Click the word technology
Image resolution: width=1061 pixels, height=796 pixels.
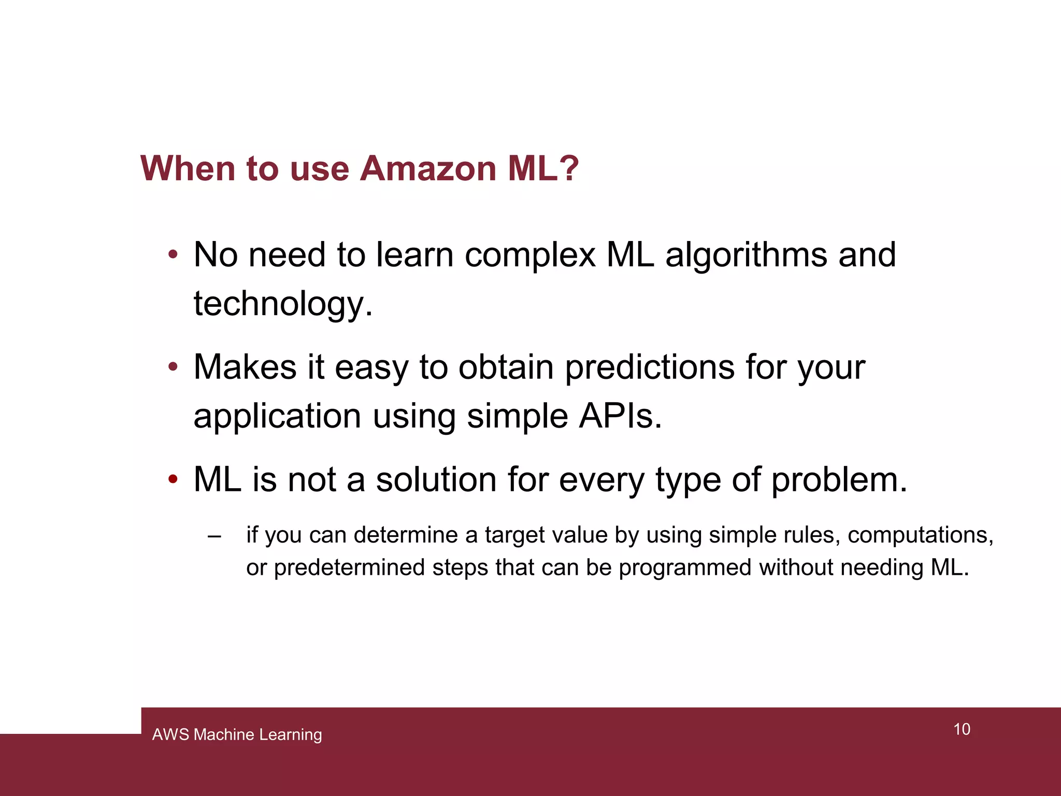click(283, 304)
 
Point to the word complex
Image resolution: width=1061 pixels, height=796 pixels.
click(530, 255)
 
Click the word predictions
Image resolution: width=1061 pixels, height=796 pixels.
click(650, 367)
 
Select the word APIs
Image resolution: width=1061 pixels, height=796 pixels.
click(620, 416)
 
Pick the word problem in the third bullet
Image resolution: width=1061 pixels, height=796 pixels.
click(839, 481)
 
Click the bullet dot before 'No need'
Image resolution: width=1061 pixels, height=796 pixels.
click(173, 255)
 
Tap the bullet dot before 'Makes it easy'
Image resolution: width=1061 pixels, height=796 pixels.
click(173, 367)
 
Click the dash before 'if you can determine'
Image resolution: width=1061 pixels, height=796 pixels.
click(214, 536)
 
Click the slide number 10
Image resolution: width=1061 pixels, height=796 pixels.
click(962, 729)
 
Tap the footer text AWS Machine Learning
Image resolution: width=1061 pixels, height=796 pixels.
click(237, 734)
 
